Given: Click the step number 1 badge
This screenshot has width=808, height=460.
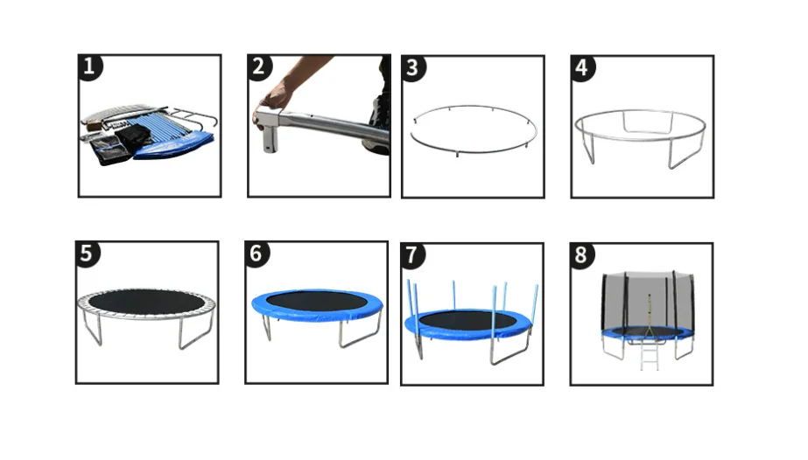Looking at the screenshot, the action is click(x=90, y=66).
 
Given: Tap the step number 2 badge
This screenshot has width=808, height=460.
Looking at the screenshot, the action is click(x=259, y=66).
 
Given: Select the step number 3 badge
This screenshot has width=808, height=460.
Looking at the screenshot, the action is click(x=413, y=68).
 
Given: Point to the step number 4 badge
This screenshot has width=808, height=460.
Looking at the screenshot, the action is click(x=583, y=68).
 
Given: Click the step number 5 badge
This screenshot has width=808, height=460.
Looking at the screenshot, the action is click(x=87, y=254).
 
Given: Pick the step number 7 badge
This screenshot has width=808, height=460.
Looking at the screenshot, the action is click(x=412, y=255).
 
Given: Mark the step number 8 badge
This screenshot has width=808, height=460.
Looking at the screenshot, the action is click(x=582, y=255).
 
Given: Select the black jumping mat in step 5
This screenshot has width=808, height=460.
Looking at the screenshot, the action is click(x=146, y=302).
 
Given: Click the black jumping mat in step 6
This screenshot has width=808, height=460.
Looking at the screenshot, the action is click(x=316, y=300).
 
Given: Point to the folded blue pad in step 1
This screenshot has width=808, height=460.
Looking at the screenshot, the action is click(x=172, y=146).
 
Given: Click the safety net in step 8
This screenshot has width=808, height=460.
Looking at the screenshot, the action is click(x=649, y=303).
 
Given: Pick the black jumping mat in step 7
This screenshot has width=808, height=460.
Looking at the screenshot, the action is click(x=467, y=320).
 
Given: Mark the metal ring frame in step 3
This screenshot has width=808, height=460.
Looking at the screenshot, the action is click(x=474, y=152).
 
